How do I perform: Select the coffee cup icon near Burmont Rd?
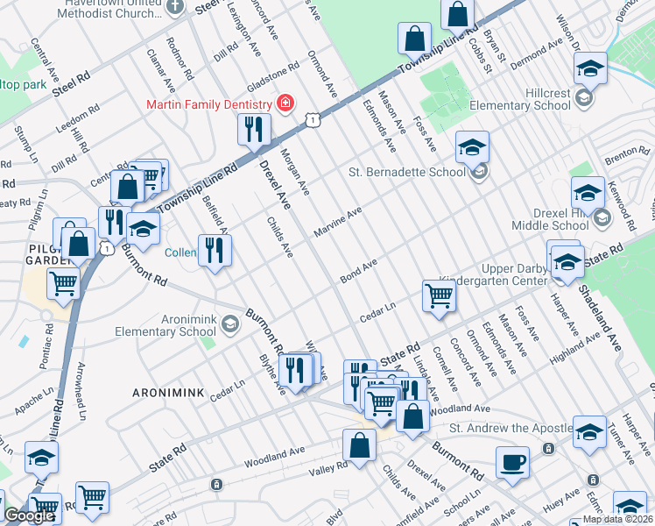512,461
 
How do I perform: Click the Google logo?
28,516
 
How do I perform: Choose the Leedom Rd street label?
82,117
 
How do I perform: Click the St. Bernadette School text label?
407,172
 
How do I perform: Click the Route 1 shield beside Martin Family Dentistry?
311,118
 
